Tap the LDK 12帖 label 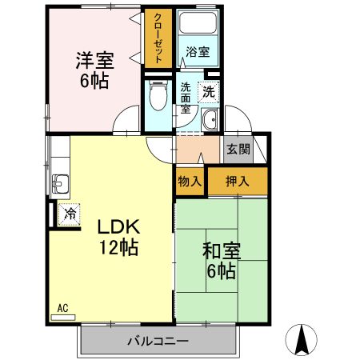(x=118, y=237)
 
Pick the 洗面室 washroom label (x=186, y=98)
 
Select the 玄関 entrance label (x=238, y=149)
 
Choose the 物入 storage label (x=190, y=182)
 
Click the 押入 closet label (x=238, y=182)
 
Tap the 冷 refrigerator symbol (x=70, y=214)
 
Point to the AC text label (x=62, y=306)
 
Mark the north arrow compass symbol (x=303, y=339)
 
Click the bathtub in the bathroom (x=198, y=24)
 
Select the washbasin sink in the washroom (x=210, y=121)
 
